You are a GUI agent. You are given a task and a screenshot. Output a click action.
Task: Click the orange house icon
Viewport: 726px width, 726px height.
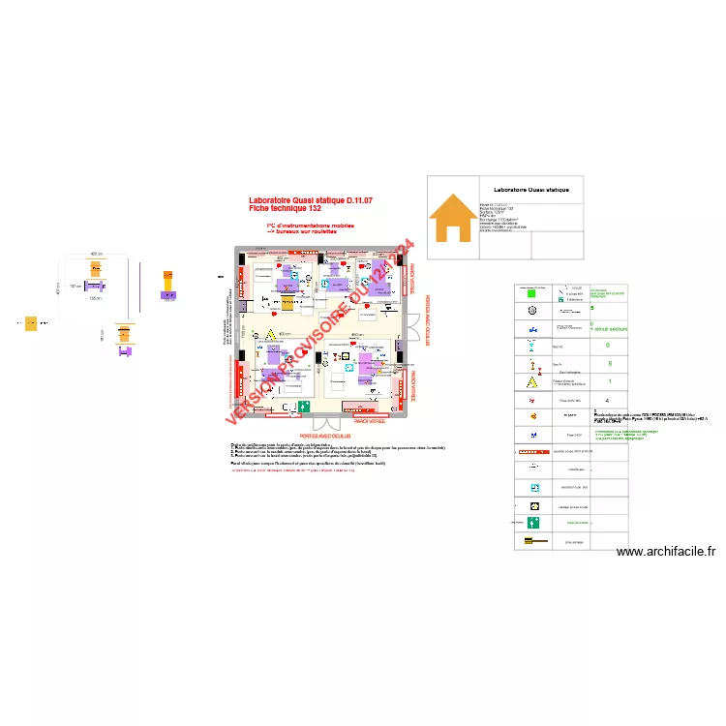(452, 218)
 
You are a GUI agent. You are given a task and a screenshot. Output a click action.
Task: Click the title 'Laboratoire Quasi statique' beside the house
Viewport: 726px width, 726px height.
(531, 190)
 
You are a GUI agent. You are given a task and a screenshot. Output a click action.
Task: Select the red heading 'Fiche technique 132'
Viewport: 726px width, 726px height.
(285, 209)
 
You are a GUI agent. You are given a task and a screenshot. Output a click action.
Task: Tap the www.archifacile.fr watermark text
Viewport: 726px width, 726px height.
(666, 551)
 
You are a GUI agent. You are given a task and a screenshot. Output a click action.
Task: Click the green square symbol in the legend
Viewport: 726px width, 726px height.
(532, 289)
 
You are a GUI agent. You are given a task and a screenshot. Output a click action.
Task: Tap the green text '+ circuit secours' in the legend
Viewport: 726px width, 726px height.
(609, 329)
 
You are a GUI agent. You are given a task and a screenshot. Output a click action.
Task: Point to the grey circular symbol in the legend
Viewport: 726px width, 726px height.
(531, 311)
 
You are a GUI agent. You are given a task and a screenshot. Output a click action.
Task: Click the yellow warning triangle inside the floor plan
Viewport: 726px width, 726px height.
(258, 336)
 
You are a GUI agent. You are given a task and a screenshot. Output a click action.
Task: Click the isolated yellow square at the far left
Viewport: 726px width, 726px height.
(32, 323)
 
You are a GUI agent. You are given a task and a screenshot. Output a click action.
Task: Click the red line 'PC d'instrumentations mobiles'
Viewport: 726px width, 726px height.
(310, 226)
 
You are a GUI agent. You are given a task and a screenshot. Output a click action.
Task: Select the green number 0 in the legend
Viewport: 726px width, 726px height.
(607, 345)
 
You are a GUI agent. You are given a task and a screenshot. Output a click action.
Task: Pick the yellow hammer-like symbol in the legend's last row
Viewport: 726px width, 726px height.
(531, 543)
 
